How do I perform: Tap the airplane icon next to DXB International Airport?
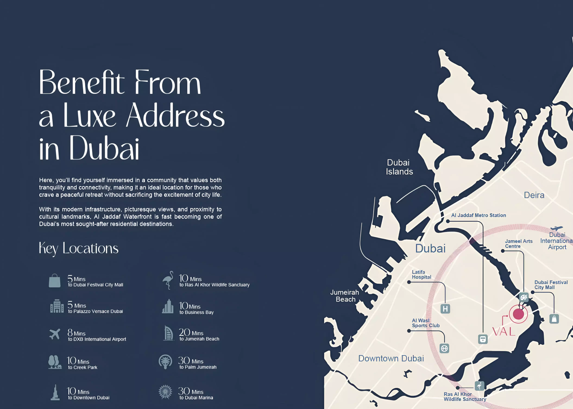55,334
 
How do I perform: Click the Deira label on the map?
534,195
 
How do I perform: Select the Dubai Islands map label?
399,167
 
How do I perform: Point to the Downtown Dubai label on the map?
391,358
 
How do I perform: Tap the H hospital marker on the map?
445,309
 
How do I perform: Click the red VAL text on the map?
504,332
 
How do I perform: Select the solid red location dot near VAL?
518,314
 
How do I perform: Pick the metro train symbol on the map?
483,339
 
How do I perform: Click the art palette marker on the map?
524,297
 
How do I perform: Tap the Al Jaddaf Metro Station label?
478,215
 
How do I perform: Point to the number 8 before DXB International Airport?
70,333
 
